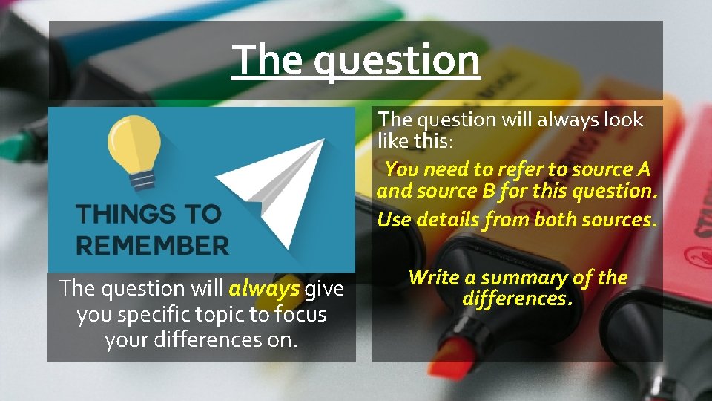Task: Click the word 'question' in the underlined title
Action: (x=396, y=60)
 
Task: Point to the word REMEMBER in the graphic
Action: (x=153, y=245)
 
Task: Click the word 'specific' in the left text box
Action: (x=148, y=315)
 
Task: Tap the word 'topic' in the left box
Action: (x=219, y=315)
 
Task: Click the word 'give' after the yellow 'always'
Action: (x=325, y=287)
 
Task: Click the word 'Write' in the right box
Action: (x=434, y=278)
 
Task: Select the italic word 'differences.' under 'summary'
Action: (x=517, y=299)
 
